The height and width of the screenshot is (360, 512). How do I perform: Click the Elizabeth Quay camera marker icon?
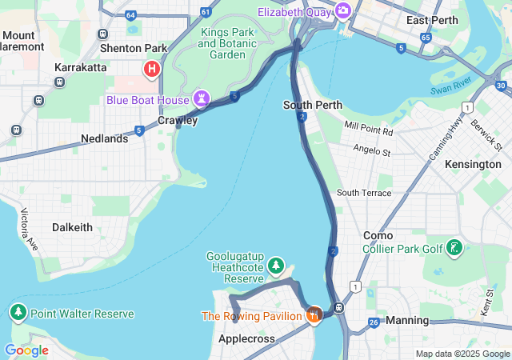point(343,10)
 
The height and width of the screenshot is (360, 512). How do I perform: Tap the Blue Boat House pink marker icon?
point(202,99)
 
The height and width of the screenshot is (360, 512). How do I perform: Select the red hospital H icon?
point(150,70)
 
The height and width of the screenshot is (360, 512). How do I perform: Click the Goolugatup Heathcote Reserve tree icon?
point(276,264)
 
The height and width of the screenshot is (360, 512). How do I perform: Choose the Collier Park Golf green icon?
point(454,248)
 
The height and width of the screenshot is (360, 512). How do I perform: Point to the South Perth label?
point(313,105)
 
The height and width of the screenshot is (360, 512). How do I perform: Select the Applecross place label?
point(247,338)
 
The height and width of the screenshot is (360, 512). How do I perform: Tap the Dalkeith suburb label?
point(72,227)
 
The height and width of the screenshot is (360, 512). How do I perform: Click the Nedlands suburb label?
point(104,138)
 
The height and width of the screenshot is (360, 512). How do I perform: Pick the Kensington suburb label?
point(473,164)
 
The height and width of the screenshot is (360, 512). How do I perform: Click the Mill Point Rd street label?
point(369,126)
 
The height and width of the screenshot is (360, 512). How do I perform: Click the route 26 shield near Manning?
point(374,322)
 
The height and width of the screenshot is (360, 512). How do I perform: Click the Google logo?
point(26,350)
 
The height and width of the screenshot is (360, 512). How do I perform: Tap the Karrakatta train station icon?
point(59,82)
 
